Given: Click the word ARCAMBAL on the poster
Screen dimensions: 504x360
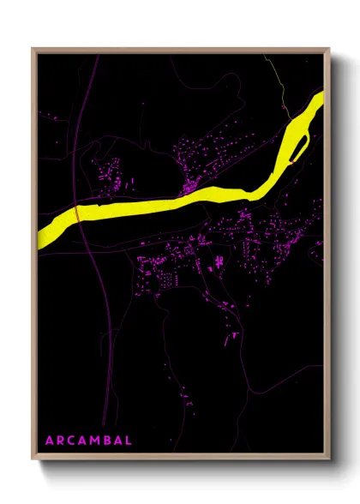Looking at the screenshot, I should (x=88, y=441).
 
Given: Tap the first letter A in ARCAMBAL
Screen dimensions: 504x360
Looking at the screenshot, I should (x=49, y=441).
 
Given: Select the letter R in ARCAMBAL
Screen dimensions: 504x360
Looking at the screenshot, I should (x=60, y=441).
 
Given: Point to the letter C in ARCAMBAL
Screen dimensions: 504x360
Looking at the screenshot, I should (x=71, y=441).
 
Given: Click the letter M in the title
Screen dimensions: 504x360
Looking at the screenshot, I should (x=95, y=441).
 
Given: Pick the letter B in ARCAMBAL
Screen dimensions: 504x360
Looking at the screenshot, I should (x=107, y=441).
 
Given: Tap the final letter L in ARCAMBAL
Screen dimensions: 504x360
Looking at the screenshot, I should (x=129, y=441).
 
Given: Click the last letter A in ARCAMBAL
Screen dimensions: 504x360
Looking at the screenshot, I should (x=118, y=441).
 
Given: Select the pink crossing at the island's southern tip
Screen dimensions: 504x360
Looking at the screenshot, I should (x=294, y=158).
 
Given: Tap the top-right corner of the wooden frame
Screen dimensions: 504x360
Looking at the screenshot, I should (x=330, y=49).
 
